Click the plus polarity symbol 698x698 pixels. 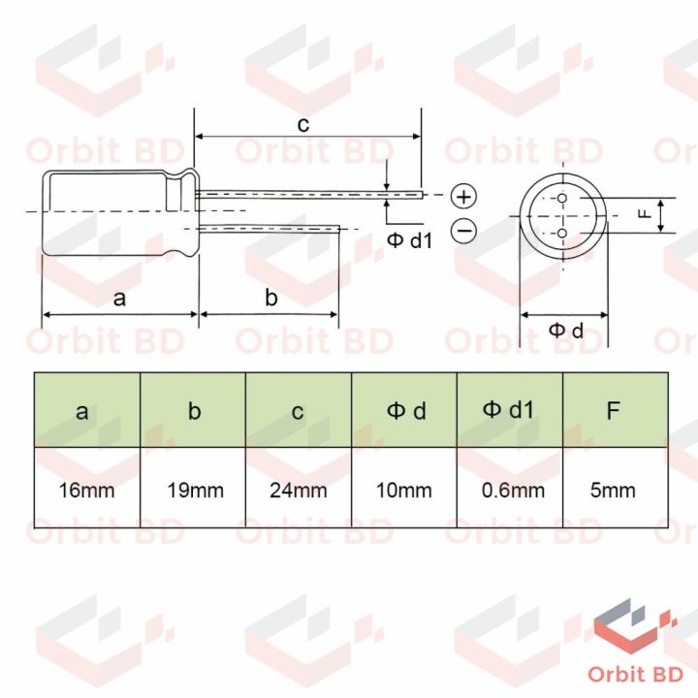465,197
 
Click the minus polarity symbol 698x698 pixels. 464,230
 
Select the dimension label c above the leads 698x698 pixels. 302,124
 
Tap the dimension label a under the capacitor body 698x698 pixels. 119,298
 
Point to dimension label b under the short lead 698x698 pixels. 271,298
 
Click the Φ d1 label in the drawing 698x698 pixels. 409,239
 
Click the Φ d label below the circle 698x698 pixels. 566,331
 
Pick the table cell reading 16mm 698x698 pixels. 87,490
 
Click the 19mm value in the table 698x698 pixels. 193,490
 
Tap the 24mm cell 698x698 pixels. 299,490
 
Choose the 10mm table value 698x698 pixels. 404,490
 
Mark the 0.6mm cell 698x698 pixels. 510,490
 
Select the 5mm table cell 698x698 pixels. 613,490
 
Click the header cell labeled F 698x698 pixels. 613,410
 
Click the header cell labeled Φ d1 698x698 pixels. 510,410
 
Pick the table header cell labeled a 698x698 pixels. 87,410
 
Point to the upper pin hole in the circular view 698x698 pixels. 562,199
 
